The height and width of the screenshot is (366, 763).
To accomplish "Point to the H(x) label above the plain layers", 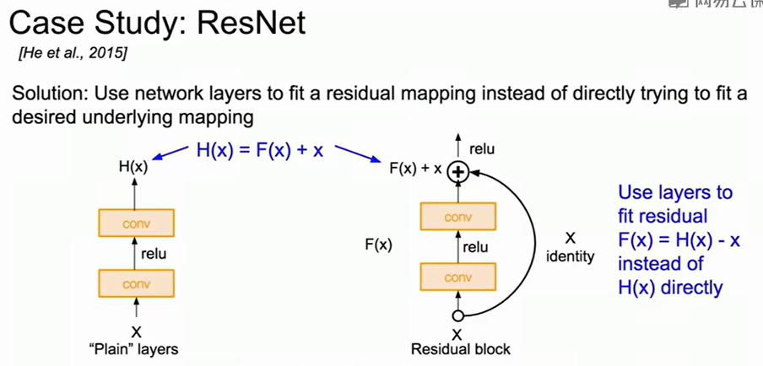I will point(133,168).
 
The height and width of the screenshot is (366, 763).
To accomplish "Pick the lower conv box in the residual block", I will point(457,276).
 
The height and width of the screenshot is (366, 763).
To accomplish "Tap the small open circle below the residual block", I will point(458,316).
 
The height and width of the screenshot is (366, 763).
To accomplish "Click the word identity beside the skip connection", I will point(571,256).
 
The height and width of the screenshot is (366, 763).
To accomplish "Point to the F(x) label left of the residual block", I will point(378,245).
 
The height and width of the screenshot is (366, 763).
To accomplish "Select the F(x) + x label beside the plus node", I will point(416,169).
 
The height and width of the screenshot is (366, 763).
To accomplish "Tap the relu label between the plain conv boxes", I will point(156,253).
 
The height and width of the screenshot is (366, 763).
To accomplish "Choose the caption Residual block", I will point(461,347).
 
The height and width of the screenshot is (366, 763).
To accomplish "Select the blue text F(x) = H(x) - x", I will point(679,240).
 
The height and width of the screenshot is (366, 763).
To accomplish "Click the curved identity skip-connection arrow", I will point(526,245).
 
